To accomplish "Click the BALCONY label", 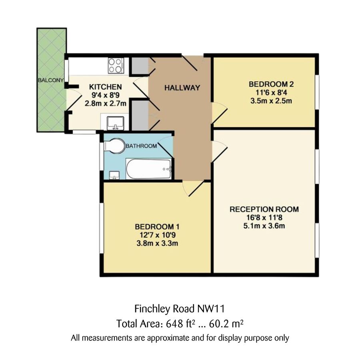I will click(50, 80).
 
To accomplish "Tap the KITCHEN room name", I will click(105, 87).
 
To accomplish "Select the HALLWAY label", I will click(182, 88).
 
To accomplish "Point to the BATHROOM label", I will click(141, 146).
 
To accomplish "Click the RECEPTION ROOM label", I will click(264, 209).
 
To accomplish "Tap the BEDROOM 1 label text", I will click(156, 227).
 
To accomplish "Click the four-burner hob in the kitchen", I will click(116, 65).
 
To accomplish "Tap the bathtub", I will click(149, 169).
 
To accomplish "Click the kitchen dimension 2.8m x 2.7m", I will click(105, 103).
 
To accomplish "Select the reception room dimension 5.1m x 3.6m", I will click(264, 226).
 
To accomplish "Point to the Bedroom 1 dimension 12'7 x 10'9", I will click(156, 235).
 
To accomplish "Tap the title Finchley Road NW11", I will click(181, 309).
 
